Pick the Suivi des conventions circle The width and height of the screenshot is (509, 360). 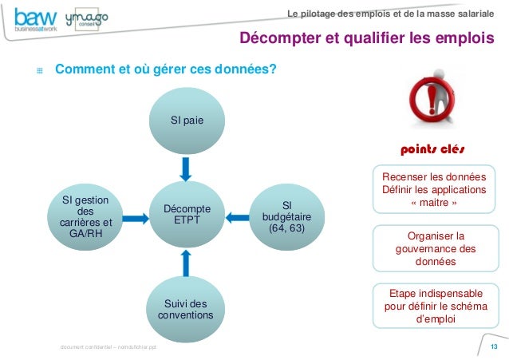pyautogui.click(x=186, y=309)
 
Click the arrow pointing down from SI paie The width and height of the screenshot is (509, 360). pyautogui.click(x=186, y=168)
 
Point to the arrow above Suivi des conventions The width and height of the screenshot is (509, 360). pyautogui.click(x=186, y=261)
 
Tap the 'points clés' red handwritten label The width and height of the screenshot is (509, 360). pyautogui.click(x=432, y=149)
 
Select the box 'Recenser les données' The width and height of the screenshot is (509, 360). pyautogui.click(x=432, y=189)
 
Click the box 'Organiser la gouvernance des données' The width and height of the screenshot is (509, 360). pyautogui.click(x=432, y=248)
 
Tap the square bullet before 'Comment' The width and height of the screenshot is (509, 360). pyautogui.click(x=37, y=70)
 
